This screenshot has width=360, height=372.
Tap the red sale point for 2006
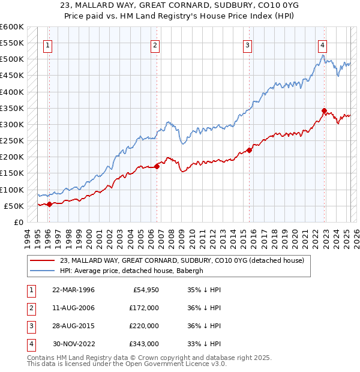[157, 166]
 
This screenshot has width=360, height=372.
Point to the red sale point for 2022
[325, 110]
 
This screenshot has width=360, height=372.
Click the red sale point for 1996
[50, 204]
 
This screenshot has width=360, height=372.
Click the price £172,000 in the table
[144, 308]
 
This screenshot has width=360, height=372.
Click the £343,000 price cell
[144, 344]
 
